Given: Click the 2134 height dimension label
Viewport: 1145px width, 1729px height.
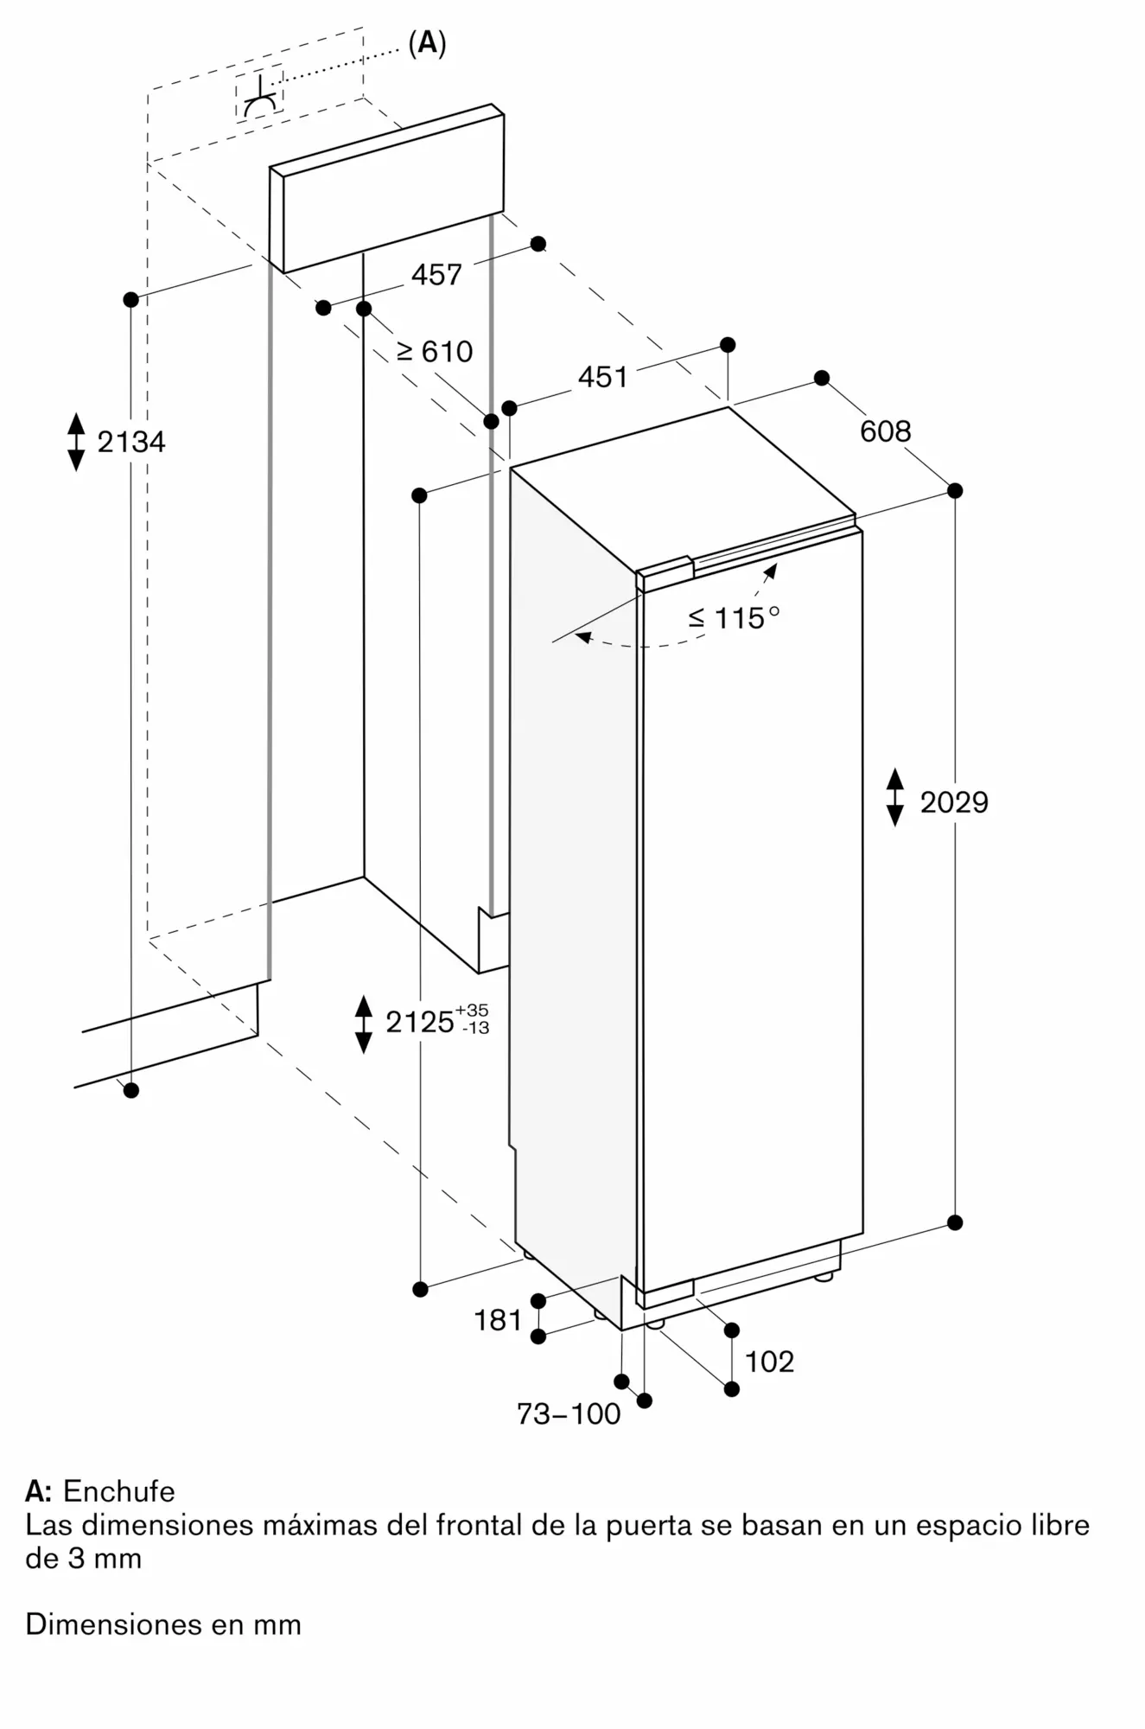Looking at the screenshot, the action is [x=130, y=442].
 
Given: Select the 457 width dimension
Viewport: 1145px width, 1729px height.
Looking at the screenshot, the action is [x=436, y=275].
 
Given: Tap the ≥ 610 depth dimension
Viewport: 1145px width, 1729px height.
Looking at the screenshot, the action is [x=435, y=351].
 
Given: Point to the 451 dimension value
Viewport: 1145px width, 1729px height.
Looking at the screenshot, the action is [x=602, y=377].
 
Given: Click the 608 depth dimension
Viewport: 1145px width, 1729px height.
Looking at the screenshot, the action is [x=885, y=431].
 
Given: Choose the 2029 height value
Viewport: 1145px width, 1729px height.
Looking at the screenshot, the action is [x=953, y=802].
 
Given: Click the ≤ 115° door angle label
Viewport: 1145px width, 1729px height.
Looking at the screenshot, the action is [x=734, y=617].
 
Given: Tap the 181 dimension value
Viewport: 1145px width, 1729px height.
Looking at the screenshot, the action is [x=498, y=1320].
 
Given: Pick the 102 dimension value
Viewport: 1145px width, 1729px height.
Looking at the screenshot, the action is [x=769, y=1362].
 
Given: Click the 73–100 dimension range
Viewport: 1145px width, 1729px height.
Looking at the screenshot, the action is [x=569, y=1413].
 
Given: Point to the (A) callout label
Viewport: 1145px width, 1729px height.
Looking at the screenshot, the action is [x=427, y=43].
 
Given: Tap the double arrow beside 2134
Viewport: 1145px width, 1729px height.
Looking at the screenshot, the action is [x=76, y=442].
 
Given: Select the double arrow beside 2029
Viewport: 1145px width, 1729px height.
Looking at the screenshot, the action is [x=895, y=796].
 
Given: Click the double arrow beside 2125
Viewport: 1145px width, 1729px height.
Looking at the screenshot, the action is [x=364, y=1024].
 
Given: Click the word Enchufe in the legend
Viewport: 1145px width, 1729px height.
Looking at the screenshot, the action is [x=119, y=1491].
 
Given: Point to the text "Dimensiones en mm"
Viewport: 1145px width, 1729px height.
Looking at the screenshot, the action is [x=163, y=1624].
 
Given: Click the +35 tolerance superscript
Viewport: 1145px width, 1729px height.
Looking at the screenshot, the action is [x=472, y=1010].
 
